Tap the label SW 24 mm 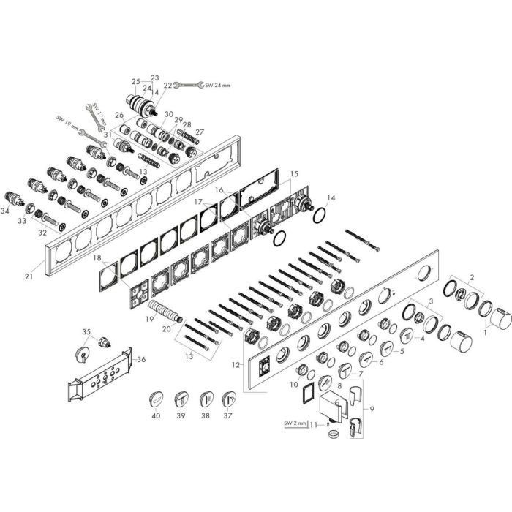[217, 86]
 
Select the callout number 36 [141, 358]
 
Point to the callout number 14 [331, 197]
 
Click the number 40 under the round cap [155, 415]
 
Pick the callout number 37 [229, 415]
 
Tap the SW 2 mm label [294, 423]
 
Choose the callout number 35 [86, 332]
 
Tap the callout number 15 [295, 173]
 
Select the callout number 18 [98, 258]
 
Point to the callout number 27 [200, 132]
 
